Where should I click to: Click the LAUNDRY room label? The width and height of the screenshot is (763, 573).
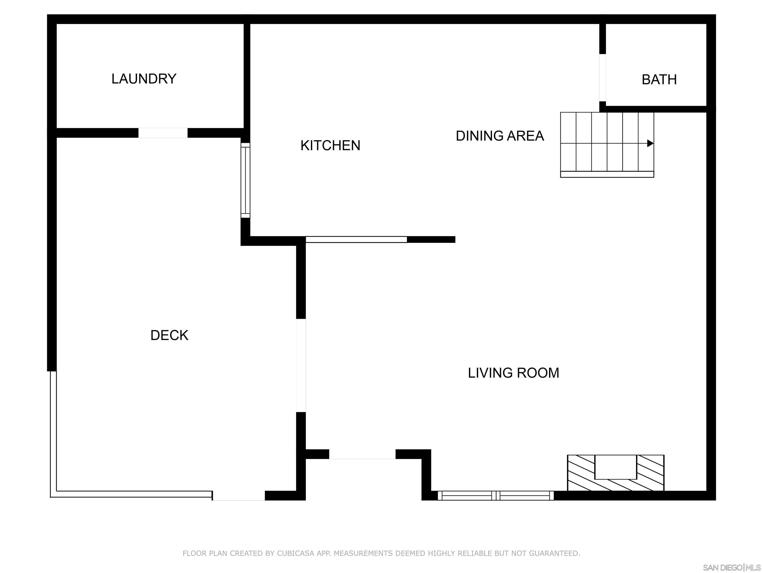coord(144,79)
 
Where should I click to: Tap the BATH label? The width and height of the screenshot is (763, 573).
coord(659,80)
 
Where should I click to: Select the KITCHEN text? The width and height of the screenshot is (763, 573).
coord(330,145)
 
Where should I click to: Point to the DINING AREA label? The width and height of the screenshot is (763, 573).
coord(499,136)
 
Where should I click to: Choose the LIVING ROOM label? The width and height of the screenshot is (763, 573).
coord(513,373)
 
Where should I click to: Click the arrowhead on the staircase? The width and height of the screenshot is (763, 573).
coord(650,143)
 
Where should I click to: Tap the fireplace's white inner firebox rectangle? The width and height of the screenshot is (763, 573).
coord(615,467)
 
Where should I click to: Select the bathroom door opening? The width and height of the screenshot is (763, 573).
coord(602,78)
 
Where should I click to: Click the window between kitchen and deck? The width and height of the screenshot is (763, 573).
coord(245,180)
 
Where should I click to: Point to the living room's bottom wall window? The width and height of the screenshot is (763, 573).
coord(496,496)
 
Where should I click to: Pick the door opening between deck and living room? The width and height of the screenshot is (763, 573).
coord(301,365)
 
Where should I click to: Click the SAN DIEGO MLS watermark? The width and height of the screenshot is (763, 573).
coord(731,568)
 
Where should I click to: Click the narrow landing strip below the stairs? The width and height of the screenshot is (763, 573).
coord(607,174)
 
